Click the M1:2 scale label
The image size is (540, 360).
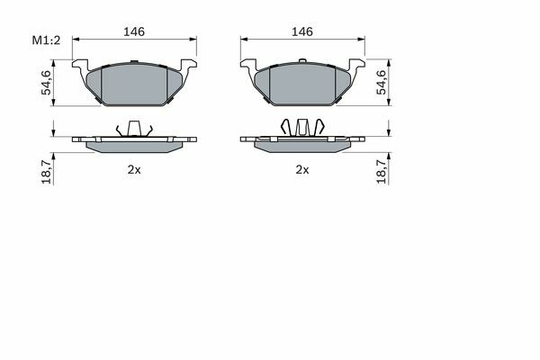click(x=46, y=40)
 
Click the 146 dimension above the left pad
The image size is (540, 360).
click(x=134, y=31)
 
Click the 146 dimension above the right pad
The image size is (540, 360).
click(x=302, y=31)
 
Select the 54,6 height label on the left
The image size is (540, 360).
click(x=46, y=82)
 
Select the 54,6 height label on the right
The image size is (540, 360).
click(x=381, y=82)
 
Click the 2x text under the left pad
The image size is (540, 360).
click(x=134, y=169)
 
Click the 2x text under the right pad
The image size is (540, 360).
click(x=302, y=169)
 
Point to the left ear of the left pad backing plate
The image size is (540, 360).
click(x=80, y=65)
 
